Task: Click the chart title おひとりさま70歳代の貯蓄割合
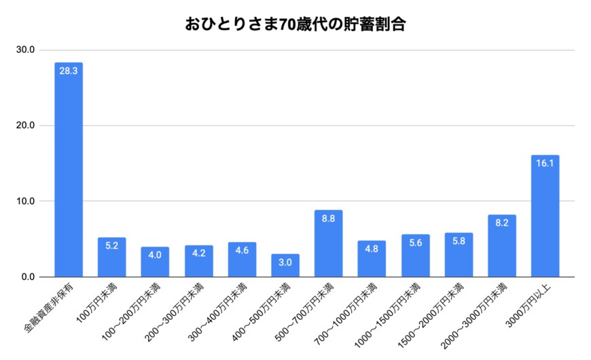coord(295,25)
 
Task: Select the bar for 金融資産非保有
coord(69,170)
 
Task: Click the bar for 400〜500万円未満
coord(285,266)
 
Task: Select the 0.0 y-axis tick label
coord(29,276)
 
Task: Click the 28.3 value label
coord(69,70)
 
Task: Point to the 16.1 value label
coord(545,162)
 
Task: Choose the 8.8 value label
coord(328,217)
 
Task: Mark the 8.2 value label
coord(501,222)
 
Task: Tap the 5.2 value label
coord(111,245)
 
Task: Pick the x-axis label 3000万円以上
coord(531,304)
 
